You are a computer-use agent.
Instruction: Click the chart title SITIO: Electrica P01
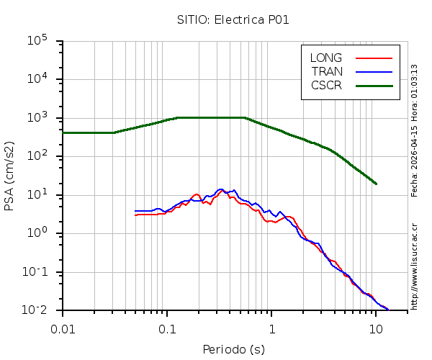tap(233, 19)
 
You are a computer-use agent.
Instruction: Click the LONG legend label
tap(326, 58)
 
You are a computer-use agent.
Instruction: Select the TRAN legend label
tap(327, 71)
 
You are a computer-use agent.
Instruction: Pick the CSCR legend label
tap(326, 85)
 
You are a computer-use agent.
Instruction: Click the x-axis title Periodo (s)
tap(233, 350)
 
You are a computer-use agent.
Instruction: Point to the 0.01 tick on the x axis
tap(63, 329)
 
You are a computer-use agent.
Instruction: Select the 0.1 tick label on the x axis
tap(167, 329)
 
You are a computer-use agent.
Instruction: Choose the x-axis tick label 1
tap(271, 329)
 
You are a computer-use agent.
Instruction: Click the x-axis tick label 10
tap(376, 329)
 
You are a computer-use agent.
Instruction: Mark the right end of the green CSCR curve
tap(376, 184)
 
